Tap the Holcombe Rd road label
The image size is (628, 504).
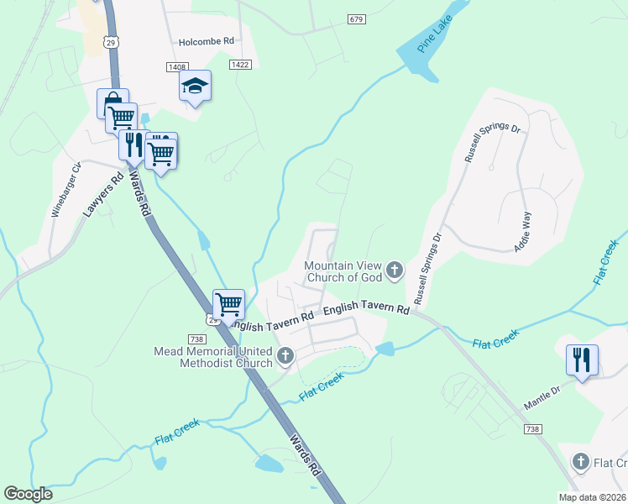point(206,40)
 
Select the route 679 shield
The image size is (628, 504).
point(356,18)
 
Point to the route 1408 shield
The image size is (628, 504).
point(176,66)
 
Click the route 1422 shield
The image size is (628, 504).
point(239,63)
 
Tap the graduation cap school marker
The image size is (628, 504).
point(195,86)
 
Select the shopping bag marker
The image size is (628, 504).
point(113,104)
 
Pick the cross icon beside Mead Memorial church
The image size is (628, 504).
point(285,356)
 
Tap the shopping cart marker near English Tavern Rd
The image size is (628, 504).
point(228,303)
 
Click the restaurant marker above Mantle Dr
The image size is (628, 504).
point(582,360)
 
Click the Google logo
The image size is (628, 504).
point(28,494)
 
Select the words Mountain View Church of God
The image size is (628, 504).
point(343,271)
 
